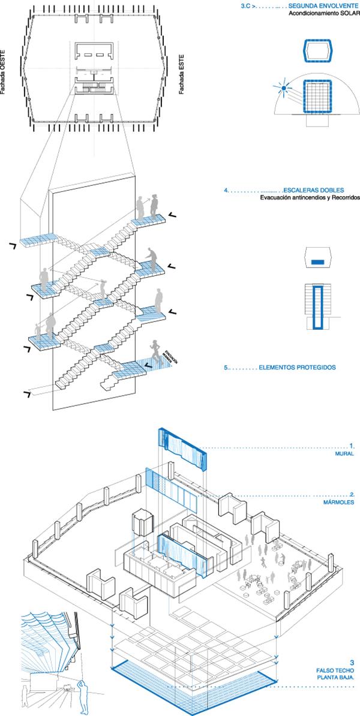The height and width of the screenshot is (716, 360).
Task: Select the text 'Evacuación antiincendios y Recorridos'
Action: pos(310,198)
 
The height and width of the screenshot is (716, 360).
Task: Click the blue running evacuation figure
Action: pos(156,351)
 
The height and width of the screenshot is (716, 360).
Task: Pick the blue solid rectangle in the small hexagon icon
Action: pos(319,262)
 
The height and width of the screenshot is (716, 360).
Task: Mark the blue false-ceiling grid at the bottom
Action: pos(192,684)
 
